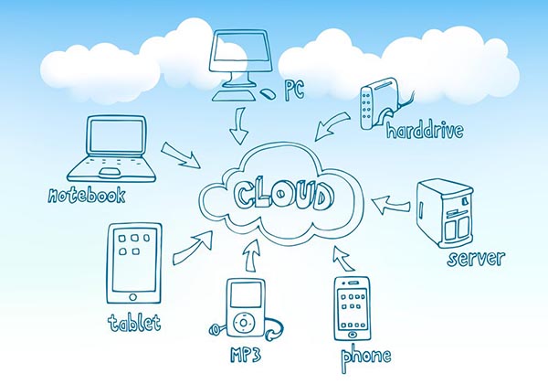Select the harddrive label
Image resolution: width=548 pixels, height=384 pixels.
[424, 131]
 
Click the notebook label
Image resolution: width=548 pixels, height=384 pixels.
[87, 195]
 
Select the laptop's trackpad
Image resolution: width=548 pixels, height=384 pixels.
[109, 171]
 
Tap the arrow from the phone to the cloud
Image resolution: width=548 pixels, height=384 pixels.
[342, 257]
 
